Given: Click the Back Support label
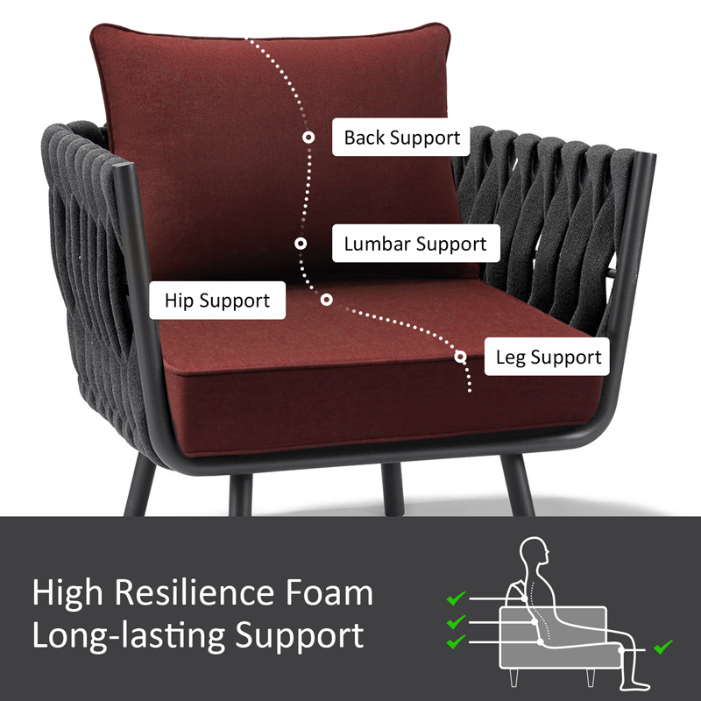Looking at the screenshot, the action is pos(401,138).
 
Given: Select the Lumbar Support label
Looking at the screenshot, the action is pos(415,244).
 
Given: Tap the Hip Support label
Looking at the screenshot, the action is pos(217,301).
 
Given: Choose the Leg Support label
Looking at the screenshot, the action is pos(547,357).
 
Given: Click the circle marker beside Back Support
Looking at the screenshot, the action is pos(308,138).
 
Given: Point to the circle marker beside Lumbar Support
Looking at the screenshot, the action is pos(301,244).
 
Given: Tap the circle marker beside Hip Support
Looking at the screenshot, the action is pos(326,300).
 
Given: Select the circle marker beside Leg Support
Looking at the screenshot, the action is pos(461,357).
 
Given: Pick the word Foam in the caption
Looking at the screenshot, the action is pos(329,593).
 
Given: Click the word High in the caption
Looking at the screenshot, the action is pos(67,594).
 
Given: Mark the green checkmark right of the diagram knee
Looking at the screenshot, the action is pos(663,647).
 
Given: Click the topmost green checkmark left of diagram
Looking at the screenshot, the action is pos(456,598).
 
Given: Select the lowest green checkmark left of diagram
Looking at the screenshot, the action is pos(456,642).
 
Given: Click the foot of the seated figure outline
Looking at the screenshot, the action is pos(636,684).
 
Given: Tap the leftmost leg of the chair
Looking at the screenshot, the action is pos(139,486).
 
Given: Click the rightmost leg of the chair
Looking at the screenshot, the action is pos(518,485).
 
